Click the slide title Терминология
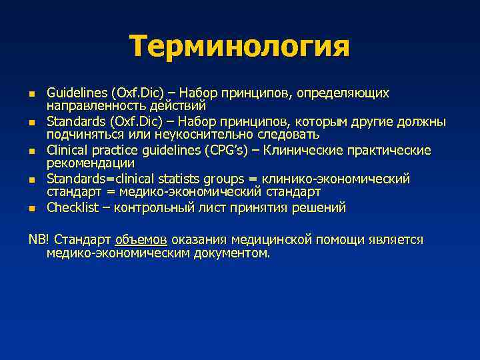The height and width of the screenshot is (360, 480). click(239, 47)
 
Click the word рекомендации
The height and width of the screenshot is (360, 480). click(90, 163)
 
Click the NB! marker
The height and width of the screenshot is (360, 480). click(38, 239)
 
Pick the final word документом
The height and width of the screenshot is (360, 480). click(230, 253)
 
